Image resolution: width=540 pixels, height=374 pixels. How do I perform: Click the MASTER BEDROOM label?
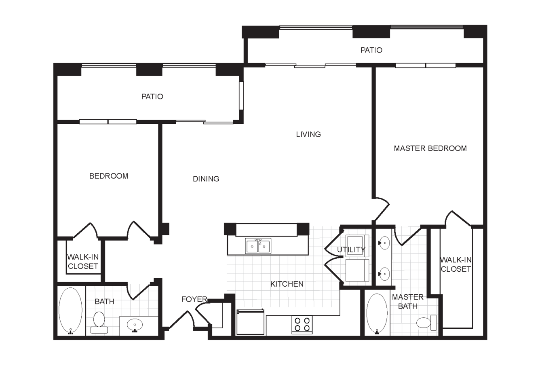[430, 148]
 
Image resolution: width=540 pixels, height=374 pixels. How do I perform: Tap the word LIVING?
[308, 134]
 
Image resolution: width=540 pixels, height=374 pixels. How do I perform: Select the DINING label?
[206, 179]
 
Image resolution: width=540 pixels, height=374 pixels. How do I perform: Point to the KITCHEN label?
[287, 284]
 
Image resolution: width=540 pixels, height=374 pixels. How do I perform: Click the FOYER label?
[194, 299]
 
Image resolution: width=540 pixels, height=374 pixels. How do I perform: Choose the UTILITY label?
[351, 250]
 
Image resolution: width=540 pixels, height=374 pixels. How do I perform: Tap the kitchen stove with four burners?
[302, 325]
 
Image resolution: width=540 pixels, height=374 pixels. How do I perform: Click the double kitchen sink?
[258, 246]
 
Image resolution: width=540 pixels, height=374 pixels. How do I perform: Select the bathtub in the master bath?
[377, 313]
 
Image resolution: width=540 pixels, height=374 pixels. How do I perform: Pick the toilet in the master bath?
[427, 323]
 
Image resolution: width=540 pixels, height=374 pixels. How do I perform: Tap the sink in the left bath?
[135, 325]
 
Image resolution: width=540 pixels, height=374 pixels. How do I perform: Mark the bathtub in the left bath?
[70, 311]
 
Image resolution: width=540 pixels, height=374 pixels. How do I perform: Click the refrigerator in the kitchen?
[251, 322]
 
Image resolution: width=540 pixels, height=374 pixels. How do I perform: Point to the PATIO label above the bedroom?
[152, 97]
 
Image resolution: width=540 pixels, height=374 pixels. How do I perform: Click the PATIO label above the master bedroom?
[371, 50]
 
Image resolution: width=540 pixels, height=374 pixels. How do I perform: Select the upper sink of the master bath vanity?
[384, 243]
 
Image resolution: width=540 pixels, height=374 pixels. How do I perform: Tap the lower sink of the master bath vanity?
[384, 274]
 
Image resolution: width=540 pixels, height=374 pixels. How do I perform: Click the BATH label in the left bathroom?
[104, 301]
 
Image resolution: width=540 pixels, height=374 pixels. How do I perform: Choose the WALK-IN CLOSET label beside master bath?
[456, 264]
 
